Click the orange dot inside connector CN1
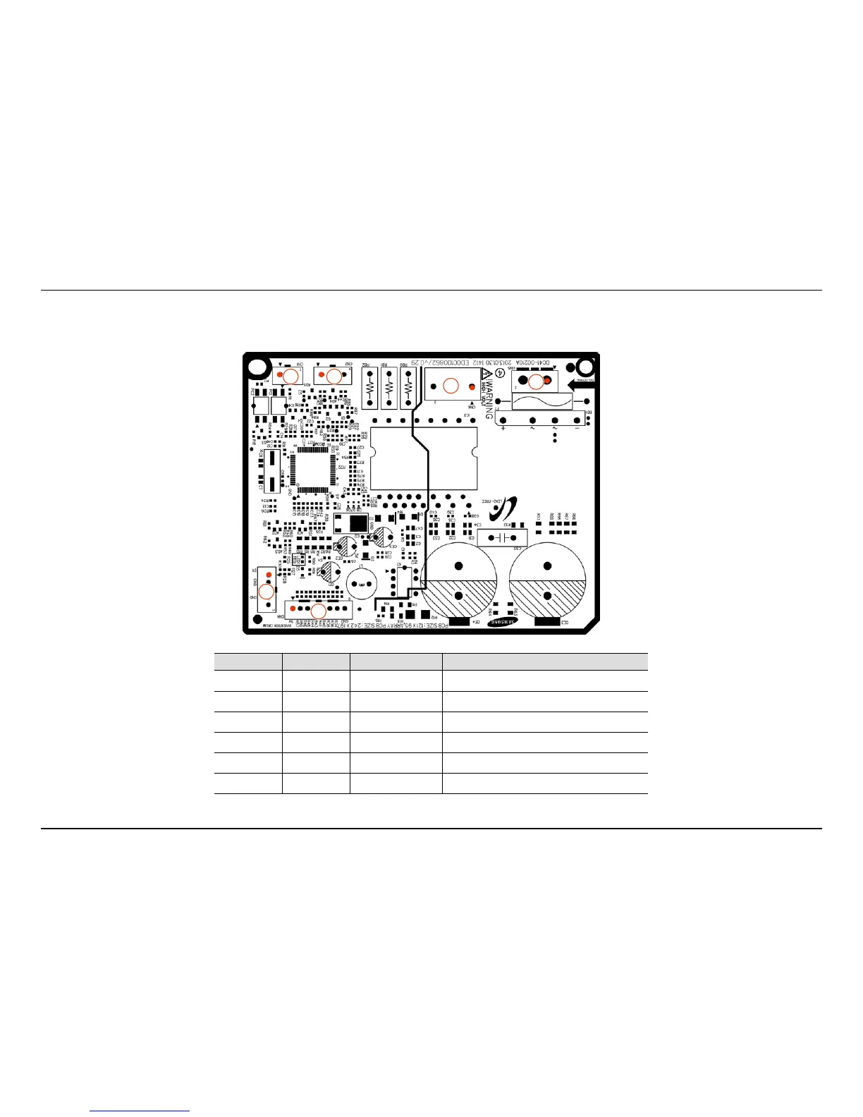281,374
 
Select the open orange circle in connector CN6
449,385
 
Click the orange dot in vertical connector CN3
268,575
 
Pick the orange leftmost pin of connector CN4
293,608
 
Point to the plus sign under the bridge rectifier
503,429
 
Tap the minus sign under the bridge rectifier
577,429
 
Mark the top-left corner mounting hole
257,367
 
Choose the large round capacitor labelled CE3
548,580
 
